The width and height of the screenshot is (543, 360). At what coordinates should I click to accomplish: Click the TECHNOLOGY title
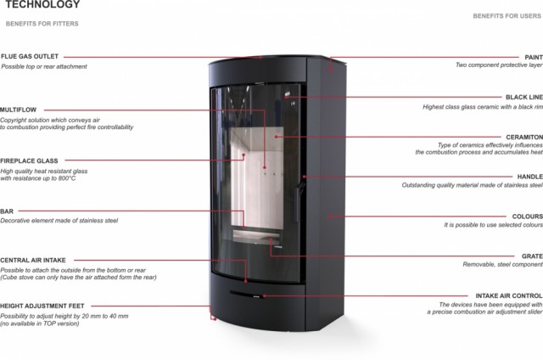(x=42, y=5)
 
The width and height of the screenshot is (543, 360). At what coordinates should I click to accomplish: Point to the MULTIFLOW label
(x=18, y=110)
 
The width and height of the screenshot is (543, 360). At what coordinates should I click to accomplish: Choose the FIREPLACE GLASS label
(x=29, y=160)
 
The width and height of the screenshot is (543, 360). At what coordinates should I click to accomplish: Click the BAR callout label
(x=7, y=211)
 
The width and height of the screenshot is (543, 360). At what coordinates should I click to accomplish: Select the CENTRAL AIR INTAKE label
(x=33, y=261)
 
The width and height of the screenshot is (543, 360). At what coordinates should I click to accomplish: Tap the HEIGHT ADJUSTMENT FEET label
(x=42, y=305)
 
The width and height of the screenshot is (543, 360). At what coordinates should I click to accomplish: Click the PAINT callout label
(x=534, y=57)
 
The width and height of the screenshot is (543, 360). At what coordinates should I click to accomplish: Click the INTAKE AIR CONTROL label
(x=509, y=295)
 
